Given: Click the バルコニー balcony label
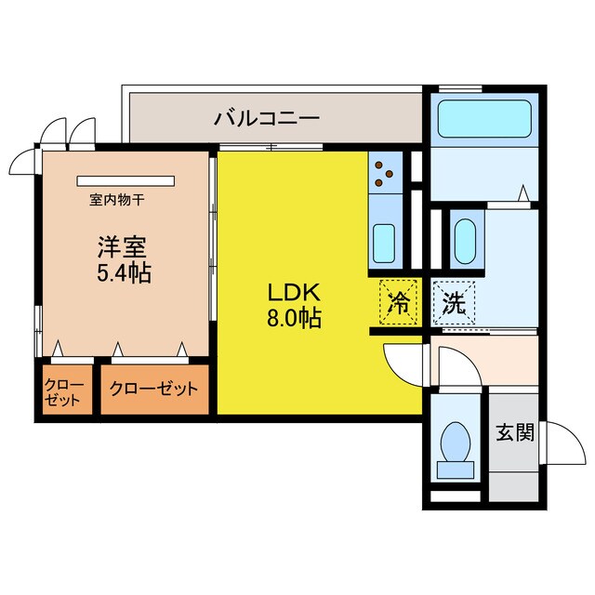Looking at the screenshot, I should click(x=267, y=118).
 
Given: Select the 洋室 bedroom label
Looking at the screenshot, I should click(x=122, y=248).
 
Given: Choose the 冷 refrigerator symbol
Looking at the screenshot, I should click(x=397, y=302).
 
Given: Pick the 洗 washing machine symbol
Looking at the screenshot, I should click(x=453, y=301).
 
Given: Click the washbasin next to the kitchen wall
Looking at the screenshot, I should click(x=464, y=241).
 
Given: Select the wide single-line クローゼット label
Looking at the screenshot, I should click(x=153, y=390).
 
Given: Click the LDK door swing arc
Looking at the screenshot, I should click(x=398, y=363).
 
